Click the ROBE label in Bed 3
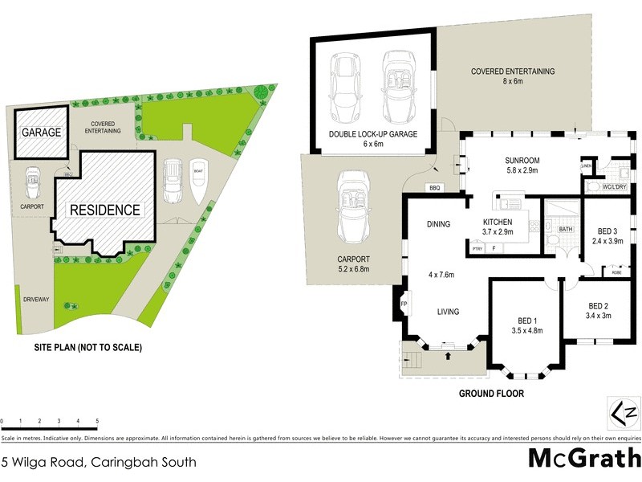click(616, 272)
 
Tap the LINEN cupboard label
click(587, 166)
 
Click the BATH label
click(565, 229)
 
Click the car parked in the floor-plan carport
click(353, 206)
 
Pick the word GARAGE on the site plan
click(42, 132)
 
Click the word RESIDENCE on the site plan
click(104, 210)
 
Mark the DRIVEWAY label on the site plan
click(37, 299)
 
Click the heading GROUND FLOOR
click(491, 394)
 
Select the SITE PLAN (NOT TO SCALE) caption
click(87, 348)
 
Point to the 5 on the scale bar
click(97, 421)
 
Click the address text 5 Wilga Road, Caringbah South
click(98, 462)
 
